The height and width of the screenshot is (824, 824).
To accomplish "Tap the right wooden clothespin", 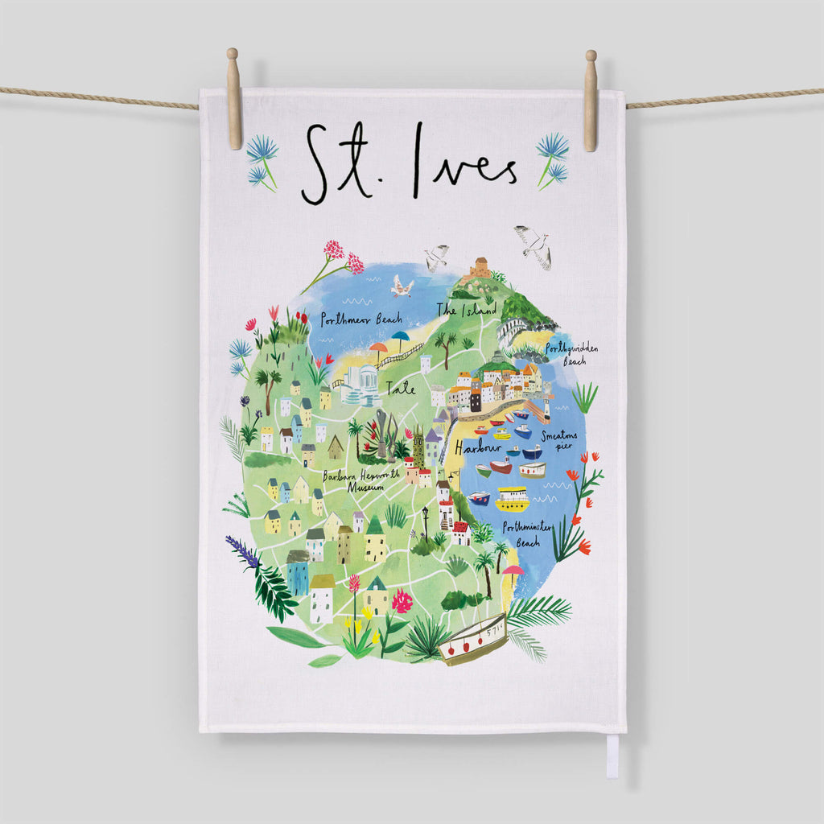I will [591, 100].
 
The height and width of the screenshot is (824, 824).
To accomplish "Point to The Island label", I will [467, 309].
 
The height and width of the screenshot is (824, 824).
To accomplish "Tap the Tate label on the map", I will [401, 389].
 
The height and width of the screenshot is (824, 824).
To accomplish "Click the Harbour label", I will [476, 447].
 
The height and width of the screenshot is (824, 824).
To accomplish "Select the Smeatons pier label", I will [559, 440].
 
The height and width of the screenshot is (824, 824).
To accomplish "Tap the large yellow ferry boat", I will [512, 500].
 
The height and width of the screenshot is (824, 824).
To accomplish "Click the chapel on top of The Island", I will [480, 267].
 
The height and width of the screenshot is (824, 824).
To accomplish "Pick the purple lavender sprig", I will [242, 550].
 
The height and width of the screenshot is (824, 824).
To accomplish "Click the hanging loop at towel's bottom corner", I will [612, 756].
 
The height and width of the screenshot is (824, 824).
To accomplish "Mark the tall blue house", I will [297, 573].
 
